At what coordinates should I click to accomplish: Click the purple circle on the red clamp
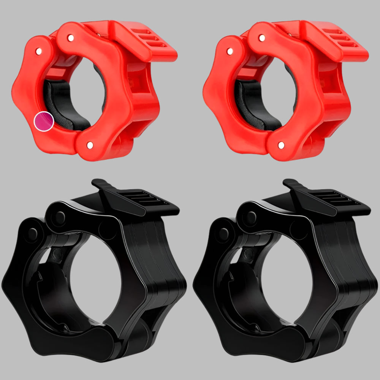coord(43,122)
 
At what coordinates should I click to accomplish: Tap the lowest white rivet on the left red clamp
coord(90,145)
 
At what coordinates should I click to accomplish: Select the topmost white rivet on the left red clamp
coord(71,38)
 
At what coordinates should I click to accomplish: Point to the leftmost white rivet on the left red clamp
coord(38,50)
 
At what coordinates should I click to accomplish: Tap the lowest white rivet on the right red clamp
coord(281,145)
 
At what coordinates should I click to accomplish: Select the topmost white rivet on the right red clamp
coord(262,38)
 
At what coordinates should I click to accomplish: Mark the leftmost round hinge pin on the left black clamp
coord(33,233)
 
